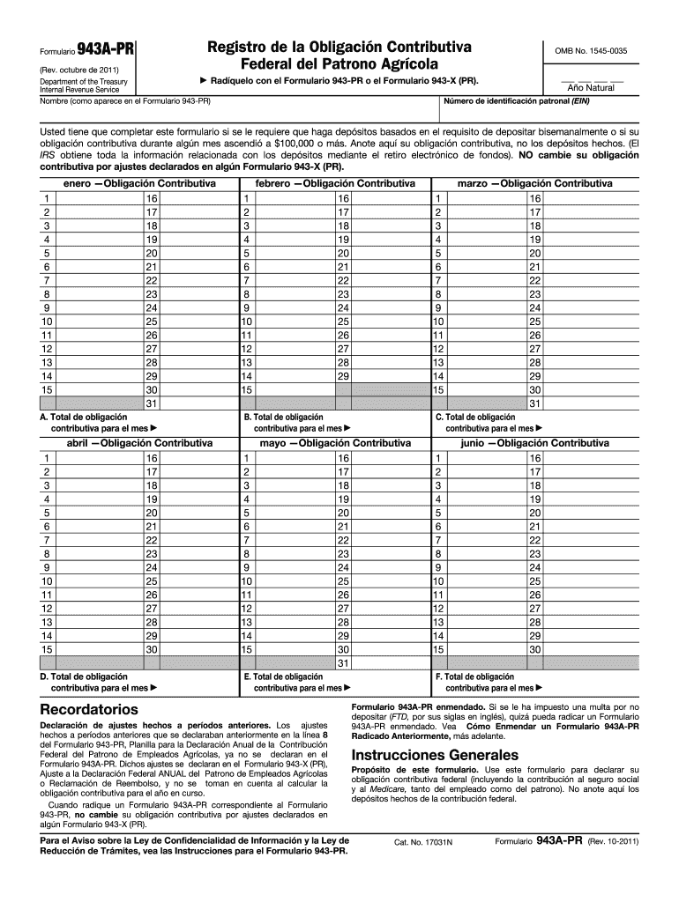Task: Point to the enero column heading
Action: tap(140, 183)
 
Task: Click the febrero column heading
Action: tap(335, 183)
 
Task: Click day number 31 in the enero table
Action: tap(152, 403)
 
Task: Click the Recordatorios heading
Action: tap(89, 708)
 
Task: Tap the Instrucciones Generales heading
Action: tap(436, 756)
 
